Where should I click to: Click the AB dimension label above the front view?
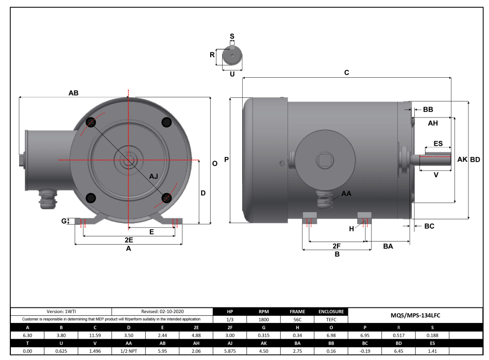tap(73, 93)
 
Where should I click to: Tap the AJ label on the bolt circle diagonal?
tap(154, 176)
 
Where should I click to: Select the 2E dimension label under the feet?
tap(128, 240)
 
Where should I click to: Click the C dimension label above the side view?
tap(346, 73)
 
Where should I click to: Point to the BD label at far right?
tap(475, 160)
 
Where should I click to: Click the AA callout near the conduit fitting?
tap(346, 194)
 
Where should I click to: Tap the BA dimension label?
tap(388, 247)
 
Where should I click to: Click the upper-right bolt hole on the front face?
tap(166, 122)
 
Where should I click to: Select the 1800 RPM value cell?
tap(263, 319)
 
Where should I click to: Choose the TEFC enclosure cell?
tap(327, 319)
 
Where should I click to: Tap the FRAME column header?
tap(297, 312)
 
